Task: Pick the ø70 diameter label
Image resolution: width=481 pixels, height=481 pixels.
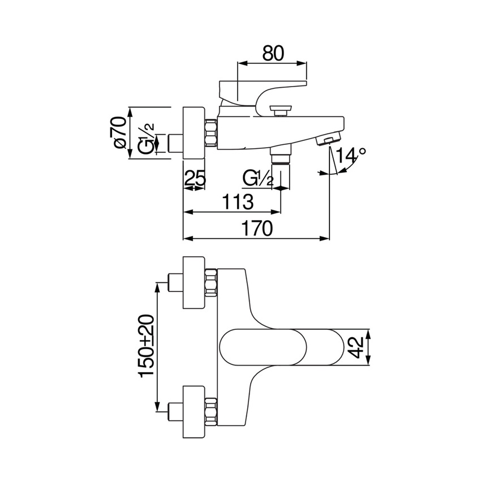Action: (119, 134)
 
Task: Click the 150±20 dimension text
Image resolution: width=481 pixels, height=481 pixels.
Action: (146, 347)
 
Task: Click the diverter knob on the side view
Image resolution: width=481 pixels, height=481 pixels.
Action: (280, 108)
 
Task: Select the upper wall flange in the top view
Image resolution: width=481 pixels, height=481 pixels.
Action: (193, 283)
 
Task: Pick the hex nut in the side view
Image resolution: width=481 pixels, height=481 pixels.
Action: (211, 134)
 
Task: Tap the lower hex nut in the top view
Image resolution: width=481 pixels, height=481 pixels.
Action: (211, 410)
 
